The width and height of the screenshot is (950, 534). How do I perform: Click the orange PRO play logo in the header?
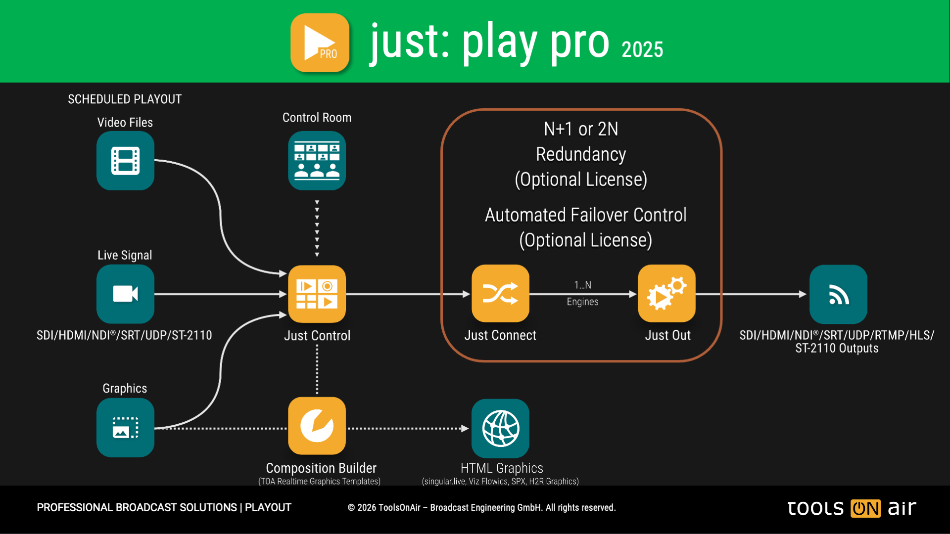[x=320, y=43]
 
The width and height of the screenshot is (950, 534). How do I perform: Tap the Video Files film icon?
[x=125, y=161]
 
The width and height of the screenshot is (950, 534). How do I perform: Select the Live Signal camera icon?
[x=125, y=294]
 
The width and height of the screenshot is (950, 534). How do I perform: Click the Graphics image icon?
[x=125, y=428]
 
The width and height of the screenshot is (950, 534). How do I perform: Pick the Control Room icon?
[x=317, y=161]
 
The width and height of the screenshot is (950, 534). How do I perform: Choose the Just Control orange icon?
[x=317, y=294]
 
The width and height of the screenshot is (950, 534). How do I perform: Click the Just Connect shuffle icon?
[x=500, y=294]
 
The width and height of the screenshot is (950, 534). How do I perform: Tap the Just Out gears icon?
[x=666, y=294]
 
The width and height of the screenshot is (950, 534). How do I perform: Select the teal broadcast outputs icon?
[x=838, y=295]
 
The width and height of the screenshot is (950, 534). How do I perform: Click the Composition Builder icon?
[x=317, y=426]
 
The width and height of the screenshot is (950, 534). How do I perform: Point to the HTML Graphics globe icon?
[x=500, y=428]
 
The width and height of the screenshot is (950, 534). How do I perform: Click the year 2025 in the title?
[x=642, y=49]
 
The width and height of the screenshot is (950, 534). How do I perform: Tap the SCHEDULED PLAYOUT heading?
[x=125, y=99]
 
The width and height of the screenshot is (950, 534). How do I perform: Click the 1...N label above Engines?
[x=582, y=285]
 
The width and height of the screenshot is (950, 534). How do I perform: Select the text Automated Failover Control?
[x=585, y=215]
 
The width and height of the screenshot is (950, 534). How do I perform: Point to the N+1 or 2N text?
[x=581, y=129]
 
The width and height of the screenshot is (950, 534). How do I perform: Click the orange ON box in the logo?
[x=865, y=508]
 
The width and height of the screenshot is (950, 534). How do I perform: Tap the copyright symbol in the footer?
[x=351, y=508]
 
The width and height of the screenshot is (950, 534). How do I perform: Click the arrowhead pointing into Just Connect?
[x=466, y=294]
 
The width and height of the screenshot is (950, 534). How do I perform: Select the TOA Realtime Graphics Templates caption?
[x=319, y=482]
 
